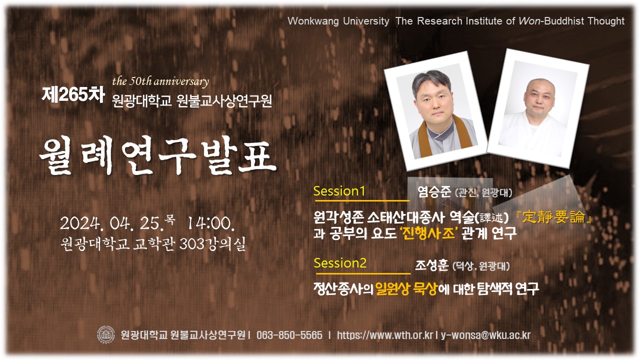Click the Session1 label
tap(339, 191)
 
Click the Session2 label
tap(340, 263)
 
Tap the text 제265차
tap(73, 94)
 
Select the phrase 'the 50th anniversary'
tap(160, 81)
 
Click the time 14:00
tap(211, 223)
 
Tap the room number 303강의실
tap(212, 244)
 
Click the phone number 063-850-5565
tap(289, 335)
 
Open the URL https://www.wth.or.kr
tap(385, 335)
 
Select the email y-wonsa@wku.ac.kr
tap(485, 335)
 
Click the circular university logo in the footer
tap(106, 334)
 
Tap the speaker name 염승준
tap(434, 191)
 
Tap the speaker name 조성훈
tap(431, 265)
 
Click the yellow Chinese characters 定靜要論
tap(553, 217)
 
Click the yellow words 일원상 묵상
tap(406, 289)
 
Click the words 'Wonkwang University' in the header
tap(338, 21)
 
